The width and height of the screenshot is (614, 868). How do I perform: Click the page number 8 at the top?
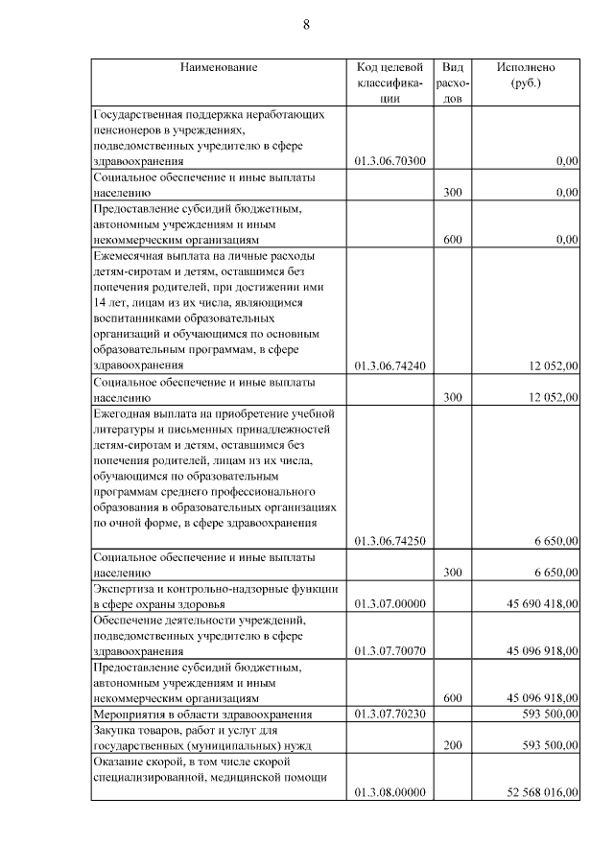point(306,25)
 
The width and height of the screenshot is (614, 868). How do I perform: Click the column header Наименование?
point(219,68)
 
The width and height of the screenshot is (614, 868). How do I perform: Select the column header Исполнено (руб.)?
point(525,76)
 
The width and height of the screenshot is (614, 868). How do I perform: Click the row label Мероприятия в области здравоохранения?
point(202,714)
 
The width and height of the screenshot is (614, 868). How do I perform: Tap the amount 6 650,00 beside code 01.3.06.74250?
point(555,541)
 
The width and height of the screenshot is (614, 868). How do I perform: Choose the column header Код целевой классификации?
point(390,82)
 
